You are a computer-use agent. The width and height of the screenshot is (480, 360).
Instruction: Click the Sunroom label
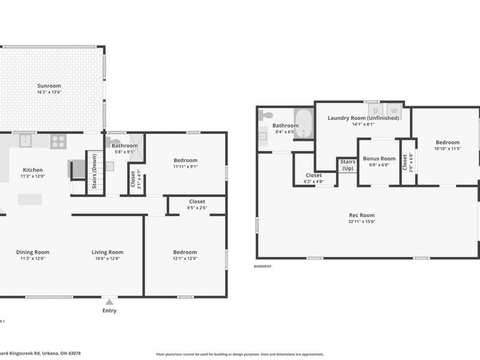pyautogui.click(x=49, y=86)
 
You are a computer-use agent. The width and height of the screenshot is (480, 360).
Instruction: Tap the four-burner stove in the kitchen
pyautogui.click(x=58, y=141)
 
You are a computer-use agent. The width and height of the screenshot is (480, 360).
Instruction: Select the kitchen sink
pyautogui.click(x=26, y=141)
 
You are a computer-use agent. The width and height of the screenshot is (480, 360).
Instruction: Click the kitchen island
pyautogui.click(x=29, y=199)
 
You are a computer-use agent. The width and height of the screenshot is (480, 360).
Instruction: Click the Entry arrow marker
pyautogui.click(x=109, y=302)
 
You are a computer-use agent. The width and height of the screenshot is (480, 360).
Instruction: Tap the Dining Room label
pyautogui.click(x=32, y=252)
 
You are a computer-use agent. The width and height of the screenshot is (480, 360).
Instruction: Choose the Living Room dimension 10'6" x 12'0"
pyautogui.click(x=107, y=259)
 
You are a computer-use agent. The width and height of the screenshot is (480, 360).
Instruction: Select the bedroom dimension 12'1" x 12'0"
pyautogui.click(x=185, y=259)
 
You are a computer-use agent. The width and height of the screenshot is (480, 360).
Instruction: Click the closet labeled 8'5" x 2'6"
pyautogui.click(x=197, y=208)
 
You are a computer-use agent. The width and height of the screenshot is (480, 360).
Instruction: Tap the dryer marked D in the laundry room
pyautogui.click(x=376, y=110)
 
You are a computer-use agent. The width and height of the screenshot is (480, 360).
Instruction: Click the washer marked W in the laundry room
pyautogui.click(x=394, y=110)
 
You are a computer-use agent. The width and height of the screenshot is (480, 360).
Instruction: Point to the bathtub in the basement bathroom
pyautogui.click(x=303, y=124)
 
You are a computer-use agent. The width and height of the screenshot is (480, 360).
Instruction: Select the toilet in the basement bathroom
pyautogui.click(x=266, y=115)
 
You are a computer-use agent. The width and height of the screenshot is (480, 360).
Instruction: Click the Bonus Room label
pyautogui.click(x=379, y=158)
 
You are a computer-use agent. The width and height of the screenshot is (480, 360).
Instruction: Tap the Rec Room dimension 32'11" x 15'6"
pyautogui.click(x=362, y=221)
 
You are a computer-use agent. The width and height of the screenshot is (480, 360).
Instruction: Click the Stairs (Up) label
pyautogui.click(x=347, y=165)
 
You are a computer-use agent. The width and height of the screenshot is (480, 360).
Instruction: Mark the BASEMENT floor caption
pyautogui.click(x=263, y=266)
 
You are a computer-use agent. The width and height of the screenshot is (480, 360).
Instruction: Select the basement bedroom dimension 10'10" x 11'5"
pyautogui.click(x=447, y=148)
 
